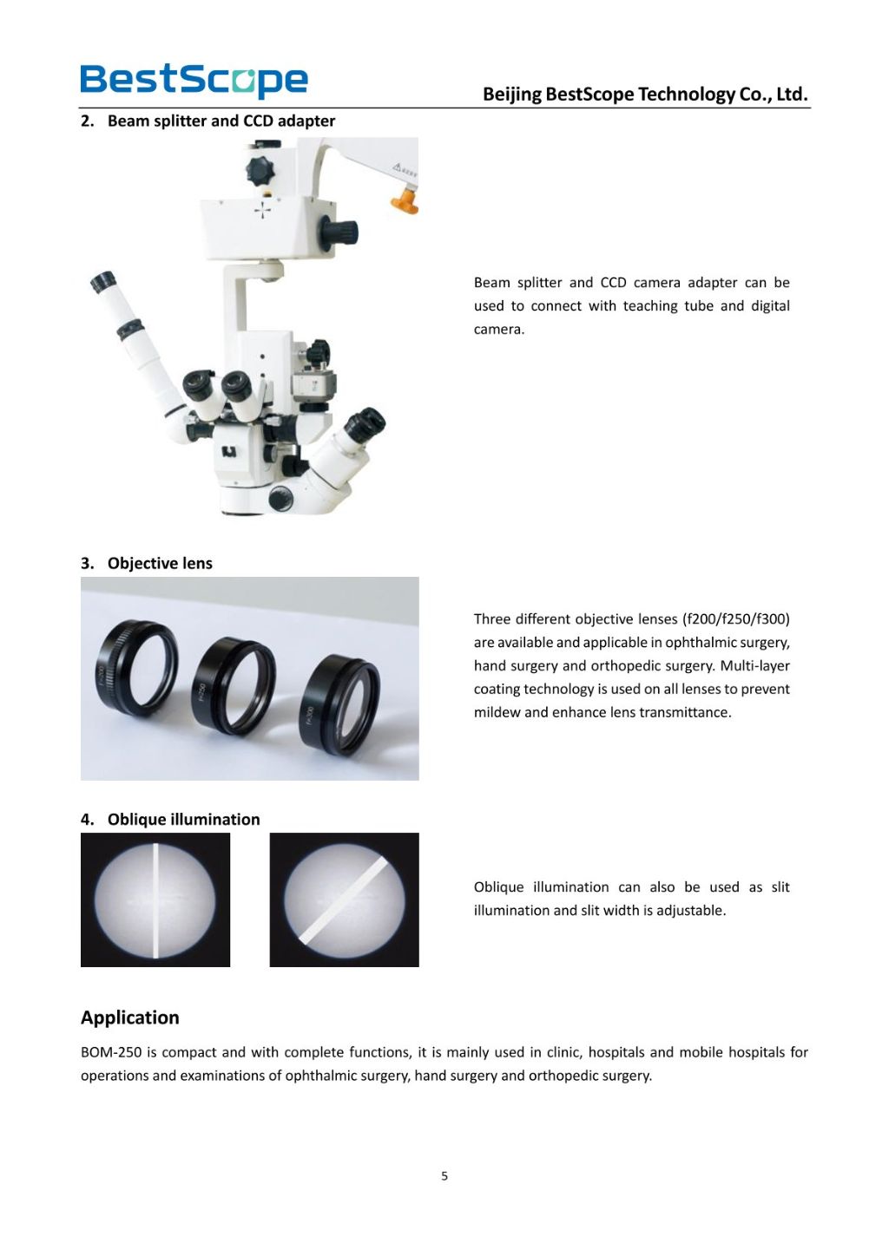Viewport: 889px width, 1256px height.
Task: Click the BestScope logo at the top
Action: (x=194, y=80)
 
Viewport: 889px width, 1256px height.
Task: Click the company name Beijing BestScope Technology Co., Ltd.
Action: (x=644, y=95)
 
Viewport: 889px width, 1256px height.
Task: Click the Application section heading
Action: (x=130, y=1017)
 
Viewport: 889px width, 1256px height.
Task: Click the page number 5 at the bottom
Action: (x=444, y=1176)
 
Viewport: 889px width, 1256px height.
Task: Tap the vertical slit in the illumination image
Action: (x=155, y=899)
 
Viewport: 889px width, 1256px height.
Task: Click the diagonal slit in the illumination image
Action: (x=344, y=899)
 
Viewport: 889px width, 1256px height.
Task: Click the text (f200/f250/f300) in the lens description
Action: (x=736, y=619)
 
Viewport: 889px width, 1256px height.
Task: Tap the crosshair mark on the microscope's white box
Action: (x=262, y=210)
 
